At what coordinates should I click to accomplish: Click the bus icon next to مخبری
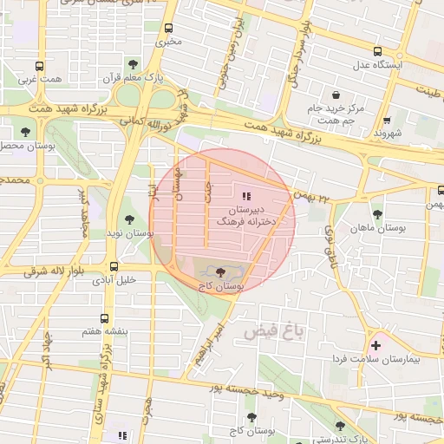tap(168, 28)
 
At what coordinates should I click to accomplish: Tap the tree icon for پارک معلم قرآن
tap(133, 64)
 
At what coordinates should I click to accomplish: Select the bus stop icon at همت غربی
tap(39, 66)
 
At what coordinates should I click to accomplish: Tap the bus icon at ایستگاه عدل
tap(377, 51)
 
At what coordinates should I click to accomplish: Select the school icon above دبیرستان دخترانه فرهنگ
tap(245, 196)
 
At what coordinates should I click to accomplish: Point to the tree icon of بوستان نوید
tap(129, 219)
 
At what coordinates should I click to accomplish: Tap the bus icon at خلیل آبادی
tap(114, 266)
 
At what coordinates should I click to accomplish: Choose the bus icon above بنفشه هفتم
tap(105, 318)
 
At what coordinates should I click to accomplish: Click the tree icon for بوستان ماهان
tap(376, 213)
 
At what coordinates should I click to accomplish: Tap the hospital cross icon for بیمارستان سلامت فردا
tap(375, 345)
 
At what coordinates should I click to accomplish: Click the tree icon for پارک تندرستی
tap(339, 426)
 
